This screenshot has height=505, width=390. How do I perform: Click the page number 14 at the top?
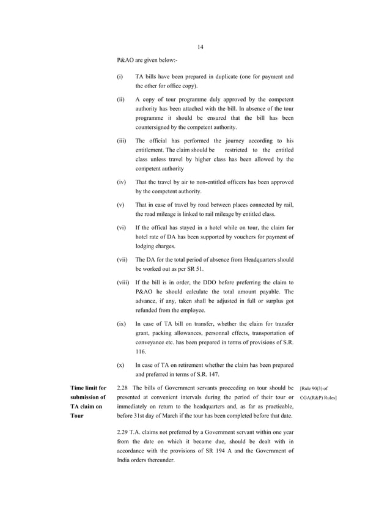pyautogui.click(x=201, y=48)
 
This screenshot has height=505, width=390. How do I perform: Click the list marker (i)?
pyautogui.click(x=120, y=77)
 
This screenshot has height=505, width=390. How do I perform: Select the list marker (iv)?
pyautogui.click(x=121, y=182)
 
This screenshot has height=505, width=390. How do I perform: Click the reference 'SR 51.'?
pyautogui.click(x=194, y=268)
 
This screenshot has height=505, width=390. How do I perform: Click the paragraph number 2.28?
pyautogui.click(x=122, y=388)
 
